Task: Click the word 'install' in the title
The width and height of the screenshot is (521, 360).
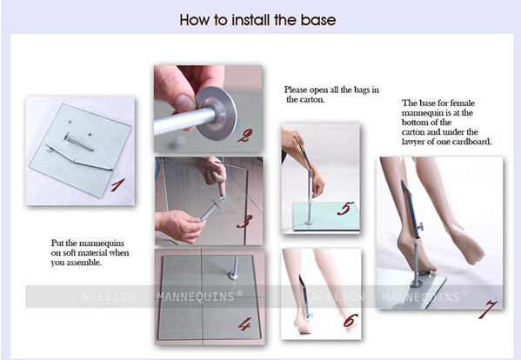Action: [252, 20]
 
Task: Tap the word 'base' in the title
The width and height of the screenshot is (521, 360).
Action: [318, 20]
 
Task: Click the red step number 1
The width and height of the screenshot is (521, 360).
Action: [117, 185]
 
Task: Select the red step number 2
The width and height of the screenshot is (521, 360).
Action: [244, 136]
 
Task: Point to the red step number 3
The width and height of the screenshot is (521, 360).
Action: [244, 222]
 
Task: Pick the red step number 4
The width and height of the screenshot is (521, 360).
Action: [244, 324]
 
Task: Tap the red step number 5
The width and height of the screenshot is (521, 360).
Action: [345, 209]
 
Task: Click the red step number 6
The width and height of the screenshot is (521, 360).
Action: [351, 321]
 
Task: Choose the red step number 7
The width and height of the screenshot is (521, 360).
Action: [487, 310]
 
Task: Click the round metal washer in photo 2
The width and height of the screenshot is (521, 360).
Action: [217, 113]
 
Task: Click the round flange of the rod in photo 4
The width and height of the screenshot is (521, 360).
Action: [234, 275]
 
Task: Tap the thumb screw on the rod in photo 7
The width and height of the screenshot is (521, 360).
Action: [421, 227]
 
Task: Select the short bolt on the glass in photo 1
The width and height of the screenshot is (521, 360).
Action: [79, 142]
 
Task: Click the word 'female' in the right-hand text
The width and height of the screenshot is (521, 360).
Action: [462, 103]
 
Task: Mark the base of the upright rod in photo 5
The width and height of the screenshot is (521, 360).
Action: [309, 222]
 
